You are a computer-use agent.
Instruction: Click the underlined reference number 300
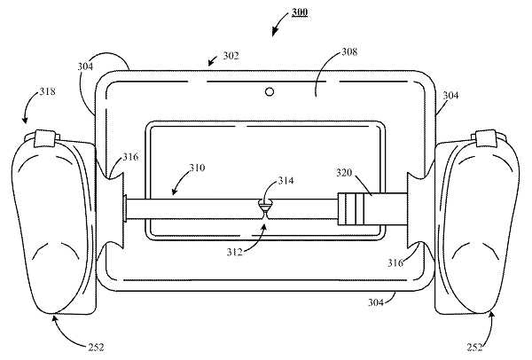tap(300, 12)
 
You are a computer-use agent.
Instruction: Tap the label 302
tap(231, 56)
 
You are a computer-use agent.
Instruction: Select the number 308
tap(349, 51)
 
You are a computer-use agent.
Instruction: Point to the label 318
tap(47, 91)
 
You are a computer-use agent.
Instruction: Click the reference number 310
tap(197, 168)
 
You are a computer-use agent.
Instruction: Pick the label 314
tap(286, 181)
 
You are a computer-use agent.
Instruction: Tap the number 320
tap(344, 173)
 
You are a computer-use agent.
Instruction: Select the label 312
tap(235, 252)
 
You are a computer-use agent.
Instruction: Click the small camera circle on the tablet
tap(270, 91)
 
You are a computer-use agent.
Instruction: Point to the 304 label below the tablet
tap(376, 302)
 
